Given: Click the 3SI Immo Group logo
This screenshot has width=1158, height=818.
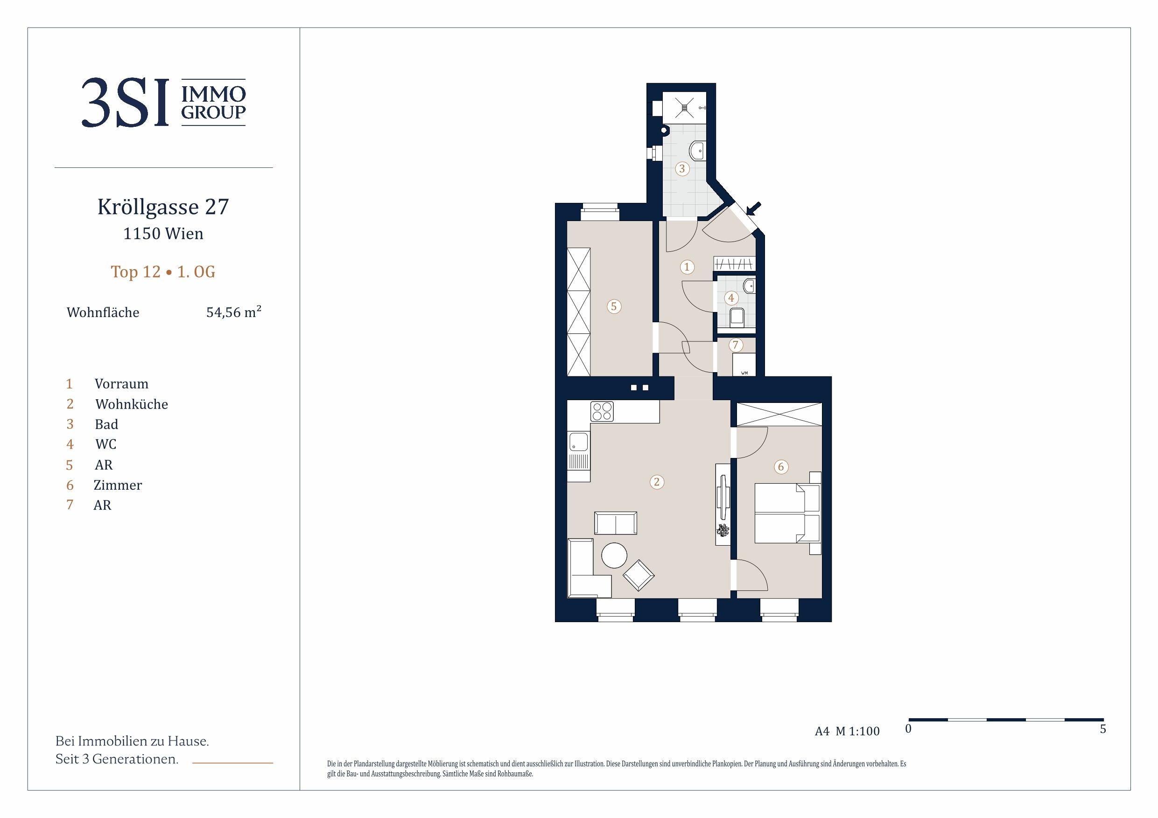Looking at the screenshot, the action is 164,102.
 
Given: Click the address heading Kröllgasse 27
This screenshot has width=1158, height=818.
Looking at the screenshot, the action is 163,207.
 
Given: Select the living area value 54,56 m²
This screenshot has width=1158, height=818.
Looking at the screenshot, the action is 233,312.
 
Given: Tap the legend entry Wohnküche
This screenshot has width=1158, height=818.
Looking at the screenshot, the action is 132,404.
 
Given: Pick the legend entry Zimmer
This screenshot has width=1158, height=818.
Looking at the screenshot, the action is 118,485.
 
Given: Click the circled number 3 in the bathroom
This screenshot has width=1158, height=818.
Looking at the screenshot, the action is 682,168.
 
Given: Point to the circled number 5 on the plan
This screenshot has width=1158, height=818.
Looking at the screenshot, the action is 614,306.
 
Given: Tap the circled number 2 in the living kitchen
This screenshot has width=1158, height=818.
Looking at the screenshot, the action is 657,482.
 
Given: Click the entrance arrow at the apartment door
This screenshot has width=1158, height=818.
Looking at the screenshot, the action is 754,208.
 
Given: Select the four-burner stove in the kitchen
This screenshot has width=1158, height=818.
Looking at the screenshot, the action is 602,411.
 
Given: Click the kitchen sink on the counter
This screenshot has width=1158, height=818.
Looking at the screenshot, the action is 578,442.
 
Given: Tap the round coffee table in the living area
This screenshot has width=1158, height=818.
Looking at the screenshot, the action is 614,555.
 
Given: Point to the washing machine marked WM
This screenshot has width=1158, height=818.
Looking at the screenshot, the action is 744,364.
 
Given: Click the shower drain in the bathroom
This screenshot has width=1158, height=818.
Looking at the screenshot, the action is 684,107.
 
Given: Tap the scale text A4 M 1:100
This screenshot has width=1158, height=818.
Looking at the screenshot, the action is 847,731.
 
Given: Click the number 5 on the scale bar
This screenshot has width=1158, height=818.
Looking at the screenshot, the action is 1103,729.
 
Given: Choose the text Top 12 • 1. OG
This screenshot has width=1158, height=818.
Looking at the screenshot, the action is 163,272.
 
